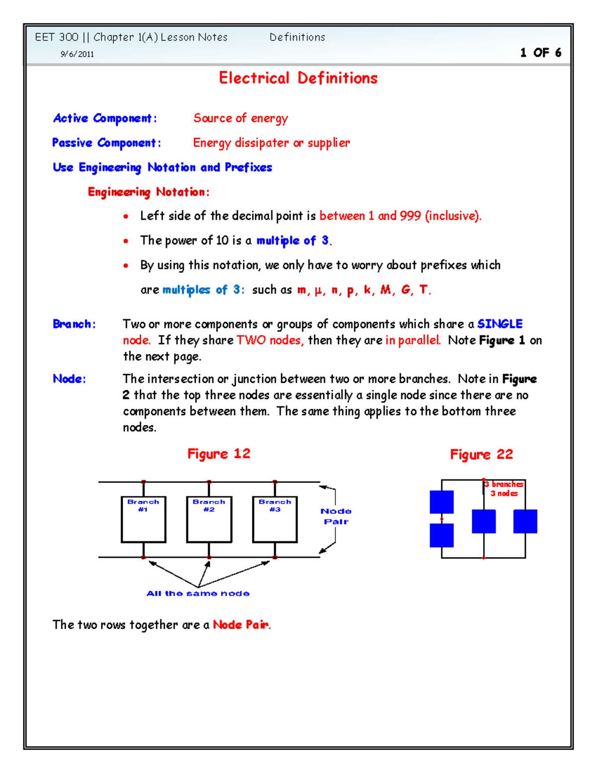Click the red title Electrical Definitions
[298, 78]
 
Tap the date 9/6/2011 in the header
[77, 54]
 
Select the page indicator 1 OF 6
[540, 53]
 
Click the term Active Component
[104, 118]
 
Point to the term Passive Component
[106, 143]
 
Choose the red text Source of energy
[240, 118]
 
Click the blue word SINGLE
[499, 324]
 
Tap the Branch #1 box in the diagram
[143, 519]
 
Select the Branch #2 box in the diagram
[209, 519]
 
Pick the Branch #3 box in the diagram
[275, 519]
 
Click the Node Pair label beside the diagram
[336, 517]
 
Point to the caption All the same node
[198, 593]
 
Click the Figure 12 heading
[218, 454]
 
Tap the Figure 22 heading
[481, 454]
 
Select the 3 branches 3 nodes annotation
[504, 489]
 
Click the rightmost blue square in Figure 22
[525, 521]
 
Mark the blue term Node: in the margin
[69, 379]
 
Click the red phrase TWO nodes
[270, 340]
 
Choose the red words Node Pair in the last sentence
[241, 625]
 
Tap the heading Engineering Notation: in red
[148, 192]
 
